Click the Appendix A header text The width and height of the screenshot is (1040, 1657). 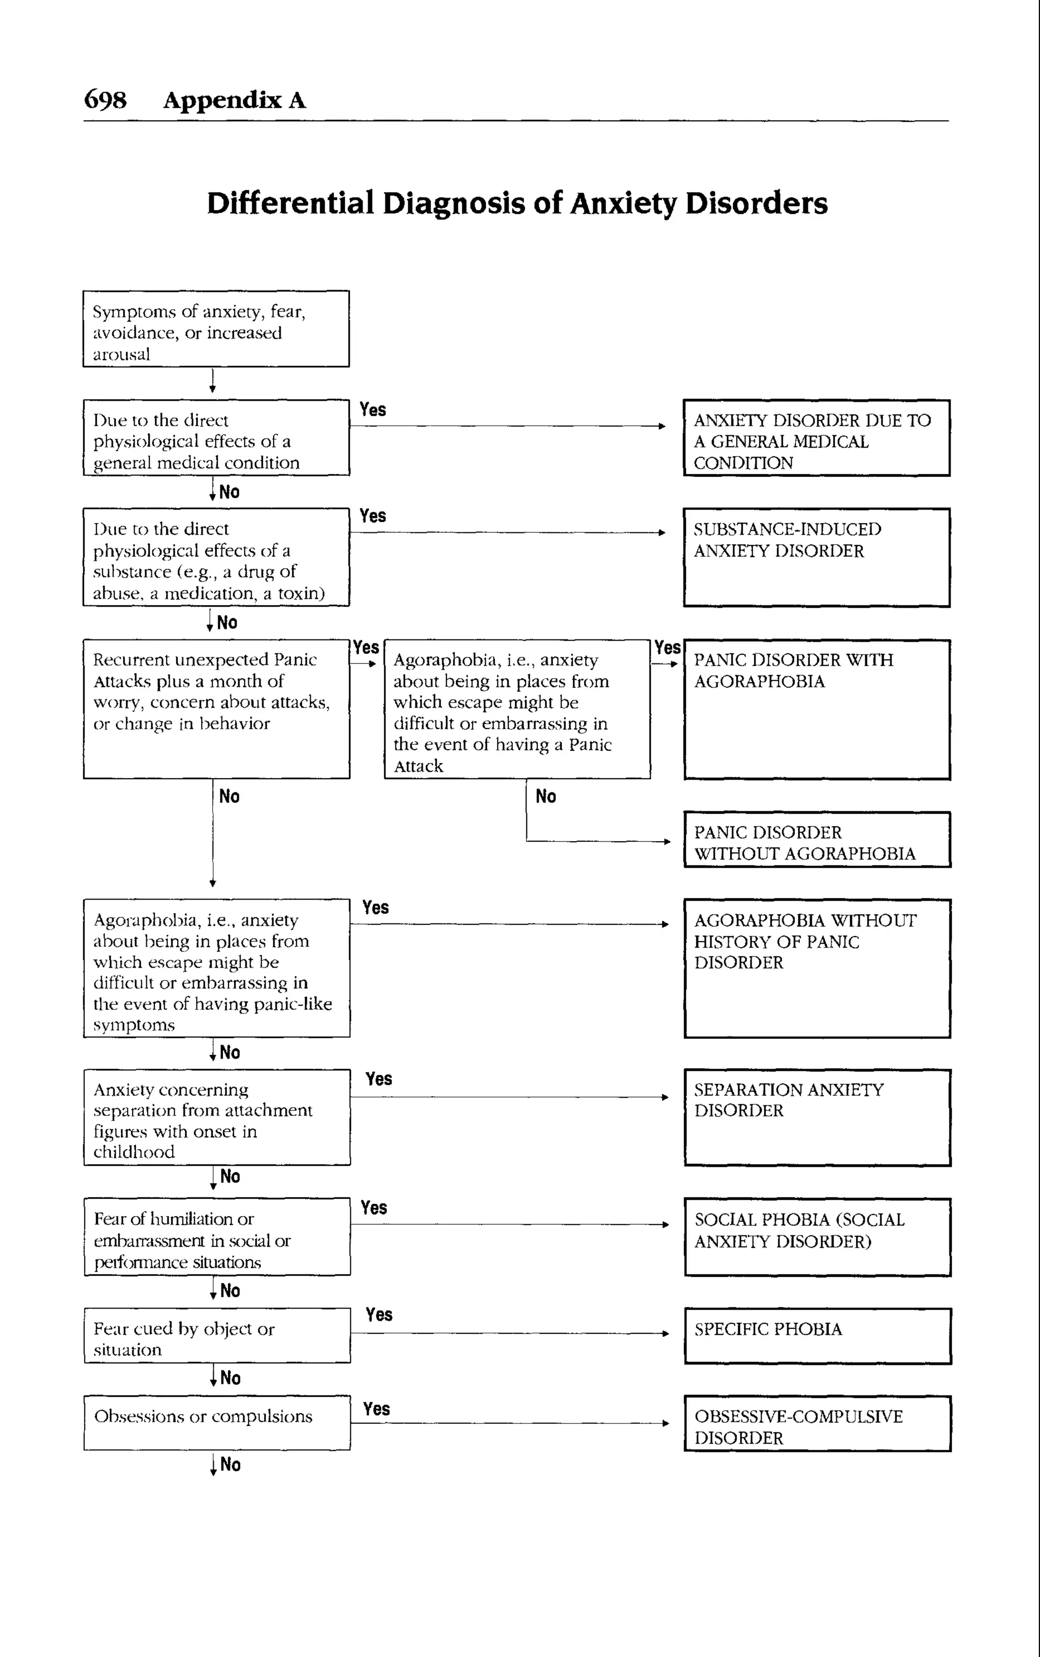[x=234, y=101]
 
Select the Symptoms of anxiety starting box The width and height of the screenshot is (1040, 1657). [x=216, y=329]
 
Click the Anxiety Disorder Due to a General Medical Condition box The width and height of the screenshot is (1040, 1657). [x=817, y=437]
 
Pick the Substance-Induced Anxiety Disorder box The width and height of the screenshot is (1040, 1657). [x=817, y=557]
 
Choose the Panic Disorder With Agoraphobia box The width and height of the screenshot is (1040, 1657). [x=817, y=709]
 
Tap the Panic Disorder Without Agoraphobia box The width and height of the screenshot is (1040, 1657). [x=817, y=840]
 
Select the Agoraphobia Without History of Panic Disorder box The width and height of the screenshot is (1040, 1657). [x=817, y=968]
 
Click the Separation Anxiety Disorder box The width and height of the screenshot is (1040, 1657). [x=817, y=1117]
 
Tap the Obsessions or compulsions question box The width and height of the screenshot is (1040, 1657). [x=217, y=1422]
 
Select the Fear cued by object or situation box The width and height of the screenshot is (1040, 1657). [x=217, y=1335]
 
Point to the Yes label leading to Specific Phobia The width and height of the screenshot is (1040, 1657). [x=379, y=1315]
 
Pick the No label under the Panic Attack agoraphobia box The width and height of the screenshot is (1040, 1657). [x=545, y=796]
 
